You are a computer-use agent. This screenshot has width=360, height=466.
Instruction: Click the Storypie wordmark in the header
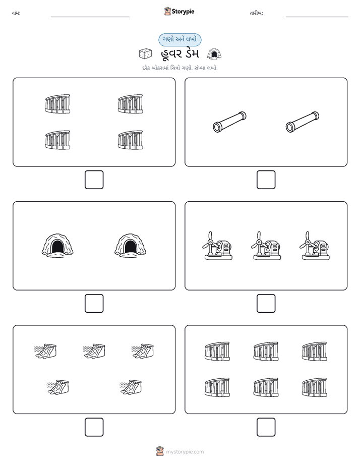point(183,12)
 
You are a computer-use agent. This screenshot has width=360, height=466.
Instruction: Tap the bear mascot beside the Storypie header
point(167,11)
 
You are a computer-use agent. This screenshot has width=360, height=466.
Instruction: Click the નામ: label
point(16,13)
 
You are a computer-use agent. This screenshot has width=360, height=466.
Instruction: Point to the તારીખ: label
point(256,13)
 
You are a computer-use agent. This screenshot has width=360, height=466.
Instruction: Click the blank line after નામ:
point(90,17)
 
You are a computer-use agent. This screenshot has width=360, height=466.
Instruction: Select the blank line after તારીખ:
point(317,17)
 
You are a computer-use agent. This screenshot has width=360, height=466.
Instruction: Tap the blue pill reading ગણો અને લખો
point(179,39)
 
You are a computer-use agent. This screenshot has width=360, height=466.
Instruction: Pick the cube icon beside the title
point(145,54)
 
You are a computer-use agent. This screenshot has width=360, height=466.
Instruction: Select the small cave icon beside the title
point(214,54)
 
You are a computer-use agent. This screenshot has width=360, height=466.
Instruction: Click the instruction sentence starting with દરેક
point(179,68)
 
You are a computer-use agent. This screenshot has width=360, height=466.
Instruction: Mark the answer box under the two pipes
point(266,180)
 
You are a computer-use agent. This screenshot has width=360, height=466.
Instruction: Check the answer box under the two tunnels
point(94,304)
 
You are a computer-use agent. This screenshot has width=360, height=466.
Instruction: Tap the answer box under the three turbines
point(266,304)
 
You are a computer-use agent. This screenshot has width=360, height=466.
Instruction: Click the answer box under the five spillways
point(94,427)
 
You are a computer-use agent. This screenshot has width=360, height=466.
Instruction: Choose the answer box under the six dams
point(266,427)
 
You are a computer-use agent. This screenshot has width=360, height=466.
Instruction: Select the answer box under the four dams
point(94,180)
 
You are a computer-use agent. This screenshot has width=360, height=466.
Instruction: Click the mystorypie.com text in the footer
point(185,452)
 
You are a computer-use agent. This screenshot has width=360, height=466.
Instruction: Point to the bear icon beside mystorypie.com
point(160,451)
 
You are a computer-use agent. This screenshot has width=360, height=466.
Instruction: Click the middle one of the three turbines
point(266,246)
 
